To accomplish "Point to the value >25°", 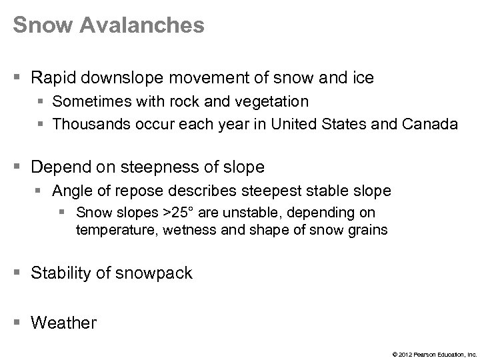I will click(181, 213).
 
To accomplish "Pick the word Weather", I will click(64, 323).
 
